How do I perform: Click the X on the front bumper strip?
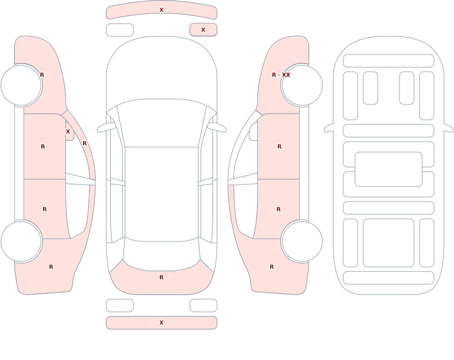click(161, 10)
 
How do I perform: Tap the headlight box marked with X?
click(203, 30)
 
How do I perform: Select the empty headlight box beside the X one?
click(120, 30)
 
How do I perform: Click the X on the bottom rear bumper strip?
click(161, 323)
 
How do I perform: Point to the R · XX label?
click(281, 75)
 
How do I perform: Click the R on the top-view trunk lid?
click(161, 277)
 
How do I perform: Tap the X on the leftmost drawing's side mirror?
click(68, 132)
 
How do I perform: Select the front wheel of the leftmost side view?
click(21, 85)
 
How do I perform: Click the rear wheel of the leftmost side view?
click(21, 241)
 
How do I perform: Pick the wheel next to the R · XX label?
click(302, 85)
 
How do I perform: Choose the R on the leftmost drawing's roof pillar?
click(84, 143)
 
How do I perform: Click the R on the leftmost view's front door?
click(43, 147)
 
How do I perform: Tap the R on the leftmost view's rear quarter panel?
click(51, 267)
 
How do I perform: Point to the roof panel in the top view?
click(162, 194)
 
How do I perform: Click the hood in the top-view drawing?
click(162, 69)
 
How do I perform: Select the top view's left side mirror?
click(106, 127)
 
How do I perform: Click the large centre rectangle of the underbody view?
click(389, 169)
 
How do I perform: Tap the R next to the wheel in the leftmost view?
click(42, 75)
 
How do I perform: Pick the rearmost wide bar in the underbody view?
click(389, 278)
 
